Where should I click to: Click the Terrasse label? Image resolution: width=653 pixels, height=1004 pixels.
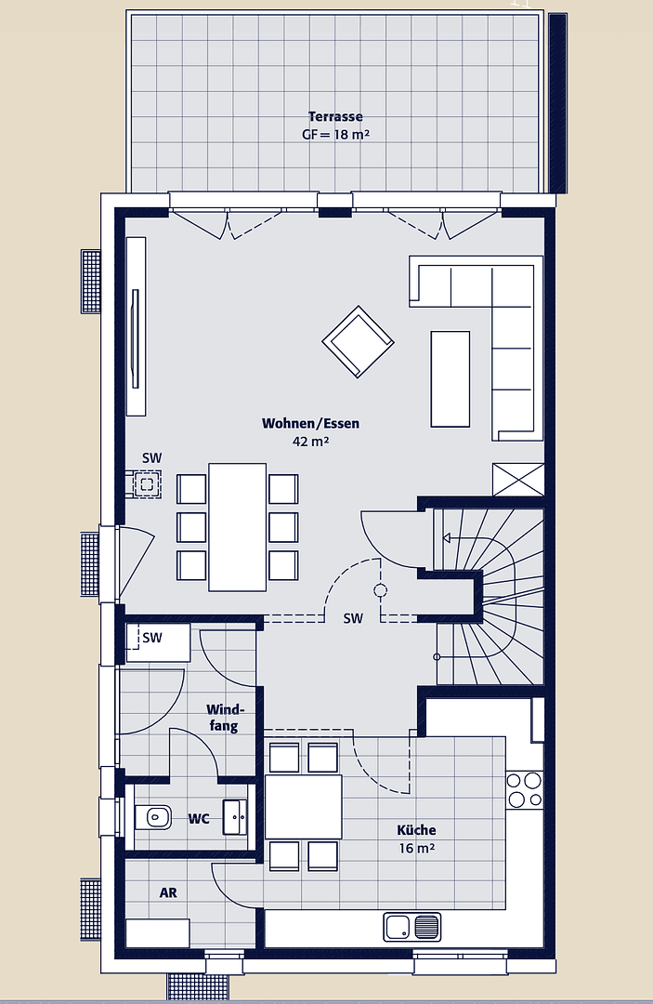point(335,117)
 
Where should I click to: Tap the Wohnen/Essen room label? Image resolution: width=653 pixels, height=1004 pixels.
point(310,424)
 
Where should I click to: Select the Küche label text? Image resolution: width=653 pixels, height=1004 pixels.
point(415,830)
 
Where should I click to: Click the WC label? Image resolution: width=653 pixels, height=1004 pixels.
point(199,819)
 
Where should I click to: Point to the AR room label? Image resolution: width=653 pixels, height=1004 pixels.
point(168,892)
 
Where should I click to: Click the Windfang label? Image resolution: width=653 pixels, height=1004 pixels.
point(225,718)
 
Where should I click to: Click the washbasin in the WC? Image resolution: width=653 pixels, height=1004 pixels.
point(235,818)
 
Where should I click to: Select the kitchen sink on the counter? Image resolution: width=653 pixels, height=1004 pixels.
point(411,927)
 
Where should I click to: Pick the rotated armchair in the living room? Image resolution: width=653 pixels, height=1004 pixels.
point(358,342)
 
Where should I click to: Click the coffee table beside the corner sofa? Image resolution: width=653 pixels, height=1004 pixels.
point(451,378)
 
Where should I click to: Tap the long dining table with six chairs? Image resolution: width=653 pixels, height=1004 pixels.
point(238,526)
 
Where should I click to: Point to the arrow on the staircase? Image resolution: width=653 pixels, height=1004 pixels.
point(445,537)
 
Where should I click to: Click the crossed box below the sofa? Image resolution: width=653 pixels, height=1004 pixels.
point(518,479)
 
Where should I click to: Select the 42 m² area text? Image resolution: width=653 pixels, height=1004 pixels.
point(310,442)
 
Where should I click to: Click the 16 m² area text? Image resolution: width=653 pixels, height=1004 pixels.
point(415,848)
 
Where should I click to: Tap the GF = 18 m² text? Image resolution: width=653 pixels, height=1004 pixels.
point(335,134)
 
